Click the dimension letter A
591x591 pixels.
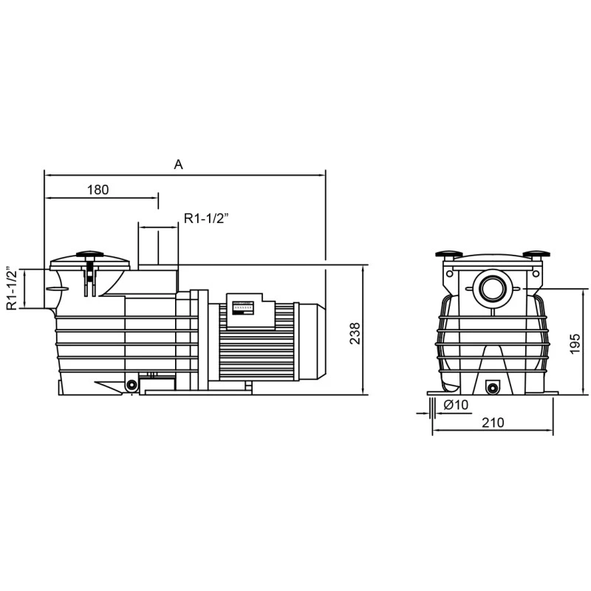tap(178, 165)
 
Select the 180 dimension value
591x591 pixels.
tap(98, 190)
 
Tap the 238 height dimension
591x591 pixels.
tap(355, 333)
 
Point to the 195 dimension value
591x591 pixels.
tap(575, 344)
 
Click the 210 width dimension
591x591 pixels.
tap(493, 423)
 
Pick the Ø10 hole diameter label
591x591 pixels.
tap(456, 405)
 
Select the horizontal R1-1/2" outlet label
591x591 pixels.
tap(207, 218)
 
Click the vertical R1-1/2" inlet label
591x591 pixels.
tap(12, 288)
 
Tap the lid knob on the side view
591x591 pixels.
tap(89, 254)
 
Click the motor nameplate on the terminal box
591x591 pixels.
tap(243, 307)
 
